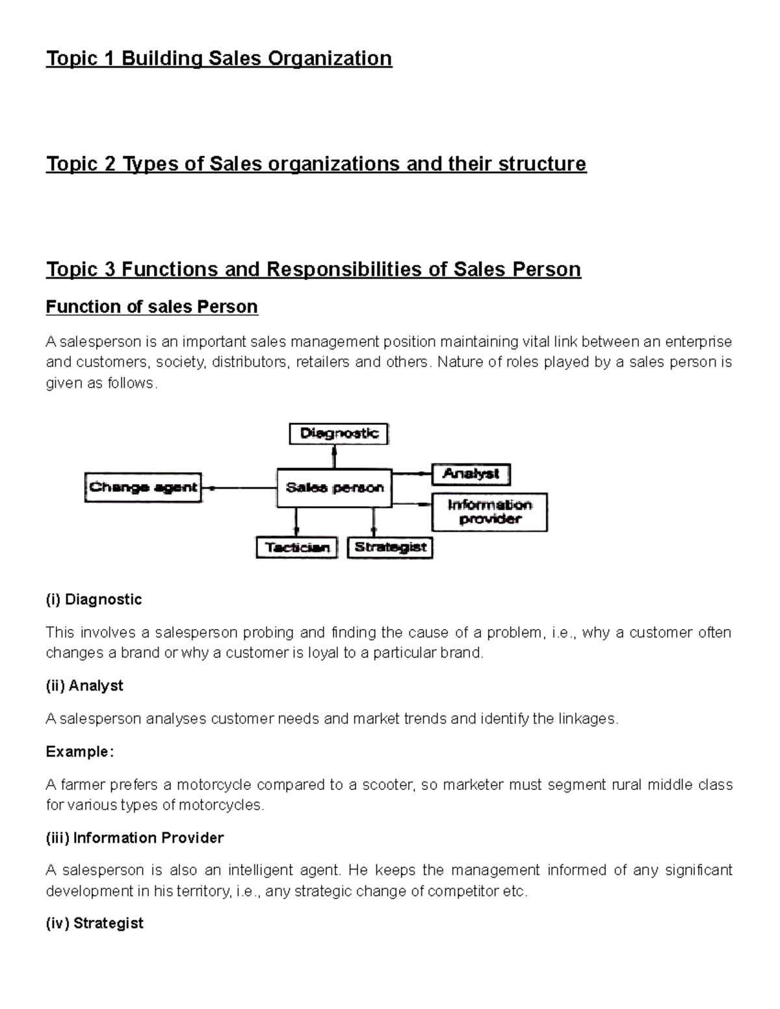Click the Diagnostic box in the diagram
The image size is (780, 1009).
pos(338,433)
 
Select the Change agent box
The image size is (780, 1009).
pos(143,487)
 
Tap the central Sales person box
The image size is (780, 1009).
pos(334,488)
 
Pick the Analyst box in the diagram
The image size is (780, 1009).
pos(471,474)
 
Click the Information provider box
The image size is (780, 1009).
pos(489,512)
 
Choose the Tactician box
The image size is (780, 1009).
pos(296,548)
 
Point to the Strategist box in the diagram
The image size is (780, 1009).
pos(390,548)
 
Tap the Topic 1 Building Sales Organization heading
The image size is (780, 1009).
pos(218,58)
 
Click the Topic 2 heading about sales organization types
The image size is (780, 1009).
pos(316,164)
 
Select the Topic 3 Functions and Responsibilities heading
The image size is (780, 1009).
pos(313,269)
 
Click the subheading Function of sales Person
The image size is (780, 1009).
pos(151,307)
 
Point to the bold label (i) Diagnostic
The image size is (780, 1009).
pos(94,599)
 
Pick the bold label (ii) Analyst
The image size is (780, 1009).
pos(84,685)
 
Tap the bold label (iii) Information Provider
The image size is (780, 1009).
pos(135,837)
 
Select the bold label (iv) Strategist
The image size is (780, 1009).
pos(94,923)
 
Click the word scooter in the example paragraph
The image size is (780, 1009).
pos(389,785)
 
